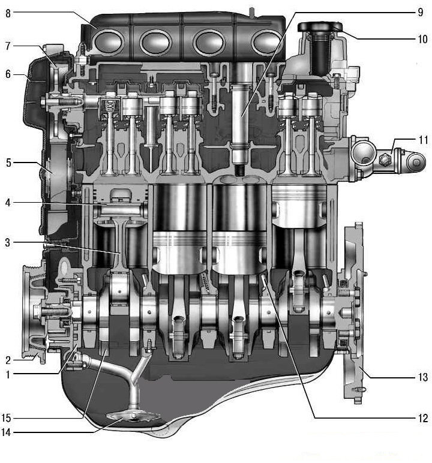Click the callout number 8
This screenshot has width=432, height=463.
point(8,13)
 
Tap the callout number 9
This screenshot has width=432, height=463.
point(421,13)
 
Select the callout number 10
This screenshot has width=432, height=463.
point(423,39)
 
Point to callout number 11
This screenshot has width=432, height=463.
point(424,140)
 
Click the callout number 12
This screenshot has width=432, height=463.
point(423,418)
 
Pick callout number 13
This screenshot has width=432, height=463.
point(423,377)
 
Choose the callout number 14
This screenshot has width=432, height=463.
point(6,432)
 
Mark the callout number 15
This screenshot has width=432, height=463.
point(6,418)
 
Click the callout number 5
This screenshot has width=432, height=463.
point(8,163)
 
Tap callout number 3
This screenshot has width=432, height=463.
point(8,243)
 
